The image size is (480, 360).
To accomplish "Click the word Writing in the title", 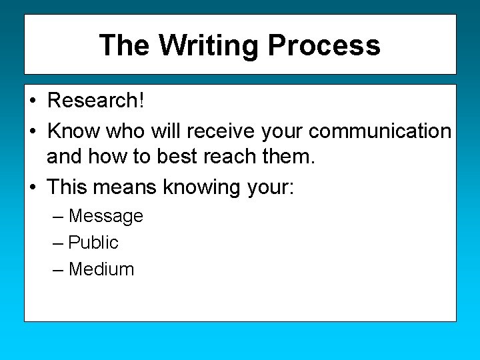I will pyautogui.click(x=209, y=45).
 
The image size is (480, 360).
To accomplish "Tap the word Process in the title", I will pyautogui.click(x=324, y=45).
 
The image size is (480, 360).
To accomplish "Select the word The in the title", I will pyautogui.click(x=125, y=45).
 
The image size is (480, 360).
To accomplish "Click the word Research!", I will pyautogui.click(x=96, y=101).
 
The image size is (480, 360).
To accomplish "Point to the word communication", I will pyautogui.click(x=380, y=131).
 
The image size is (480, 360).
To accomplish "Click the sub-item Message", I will pyautogui.click(x=106, y=216).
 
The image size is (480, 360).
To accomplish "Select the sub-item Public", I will pyautogui.click(x=93, y=243).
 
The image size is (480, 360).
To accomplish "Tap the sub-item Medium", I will pyautogui.click(x=101, y=269).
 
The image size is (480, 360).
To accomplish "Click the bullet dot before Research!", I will pyautogui.click(x=32, y=101).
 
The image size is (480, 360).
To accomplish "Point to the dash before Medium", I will pyautogui.click(x=57, y=269).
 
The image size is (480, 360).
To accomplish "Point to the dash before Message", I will pyautogui.click(x=57, y=216).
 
